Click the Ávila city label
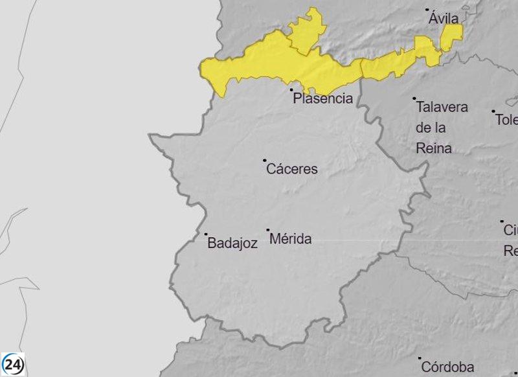[444, 19]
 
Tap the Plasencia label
[323, 98]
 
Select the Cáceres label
[292, 169]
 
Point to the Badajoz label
[232, 244]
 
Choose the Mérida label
[290, 239]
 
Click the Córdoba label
[447, 367]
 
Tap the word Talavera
[442, 107]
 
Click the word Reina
[433, 148]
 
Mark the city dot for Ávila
[427, 10]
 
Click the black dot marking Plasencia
[291, 89]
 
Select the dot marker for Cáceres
[264, 160]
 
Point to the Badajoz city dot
[206, 234]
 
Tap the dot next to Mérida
[268, 230]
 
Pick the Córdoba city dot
[420, 358]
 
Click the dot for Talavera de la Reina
[415, 98]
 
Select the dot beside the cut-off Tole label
[493, 111]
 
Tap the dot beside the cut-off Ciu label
[502, 222]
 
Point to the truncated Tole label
[507, 120]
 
